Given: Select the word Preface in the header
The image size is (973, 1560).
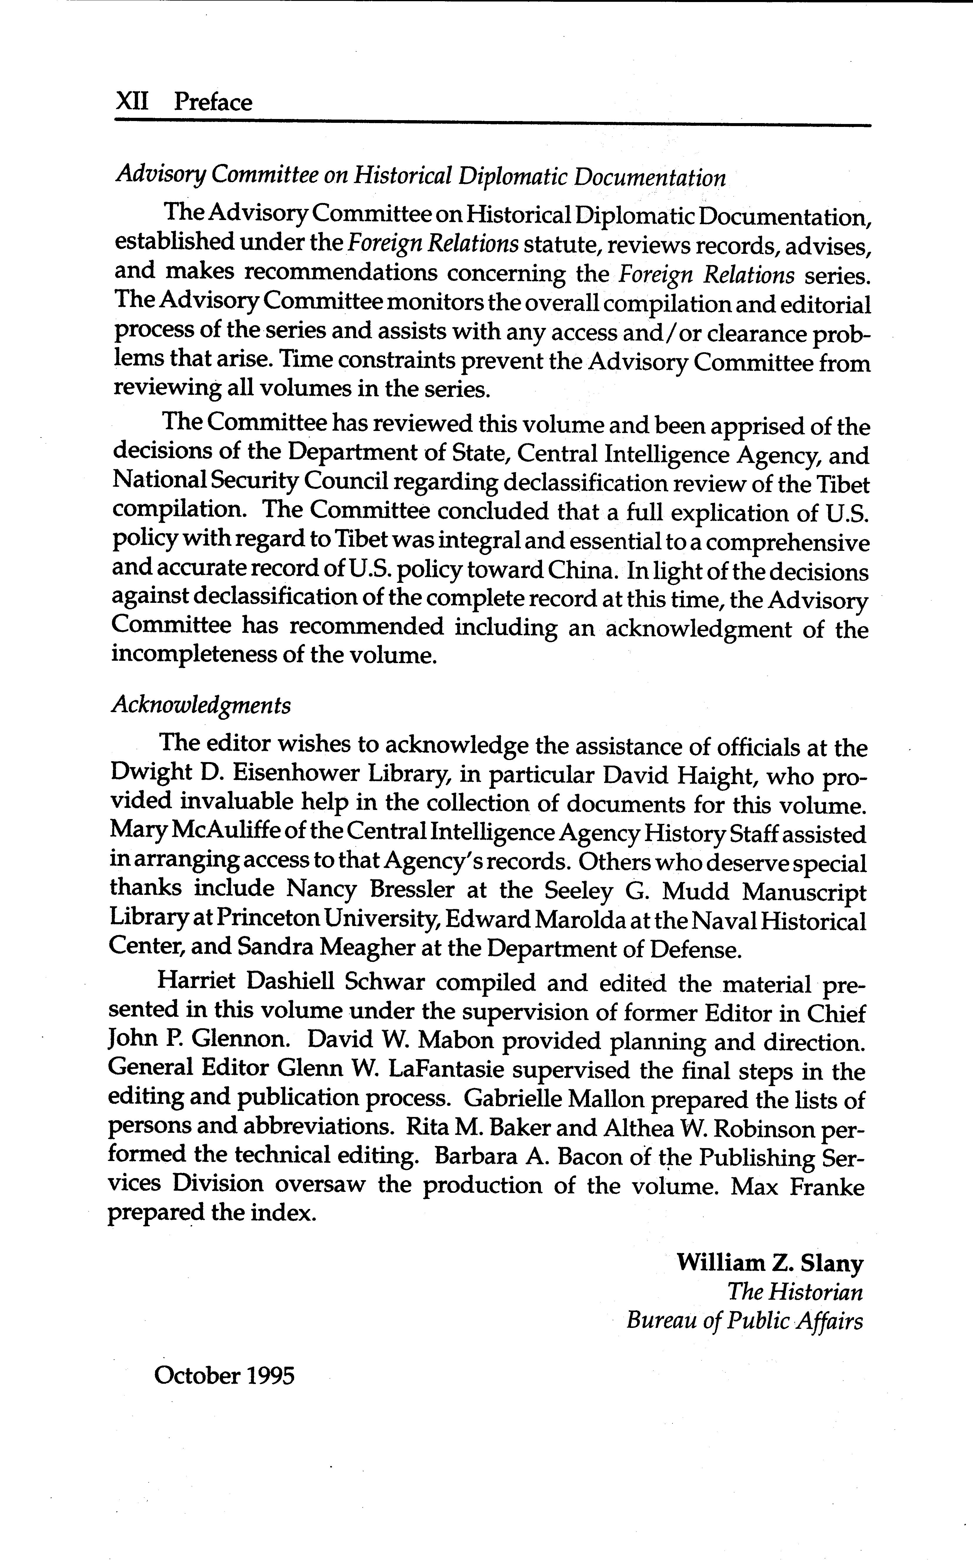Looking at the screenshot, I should tap(213, 102).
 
